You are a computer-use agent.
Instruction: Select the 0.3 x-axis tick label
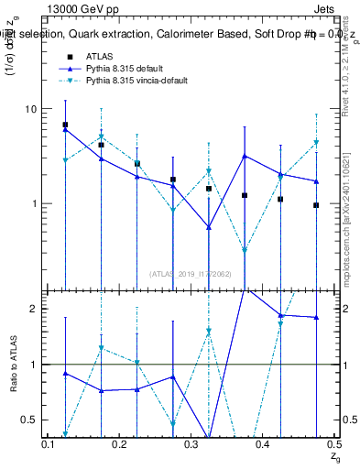[x=191, y=442]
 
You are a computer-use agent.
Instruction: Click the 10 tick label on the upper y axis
[x=29, y=109]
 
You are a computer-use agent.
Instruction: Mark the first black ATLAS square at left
[x=65, y=125]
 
